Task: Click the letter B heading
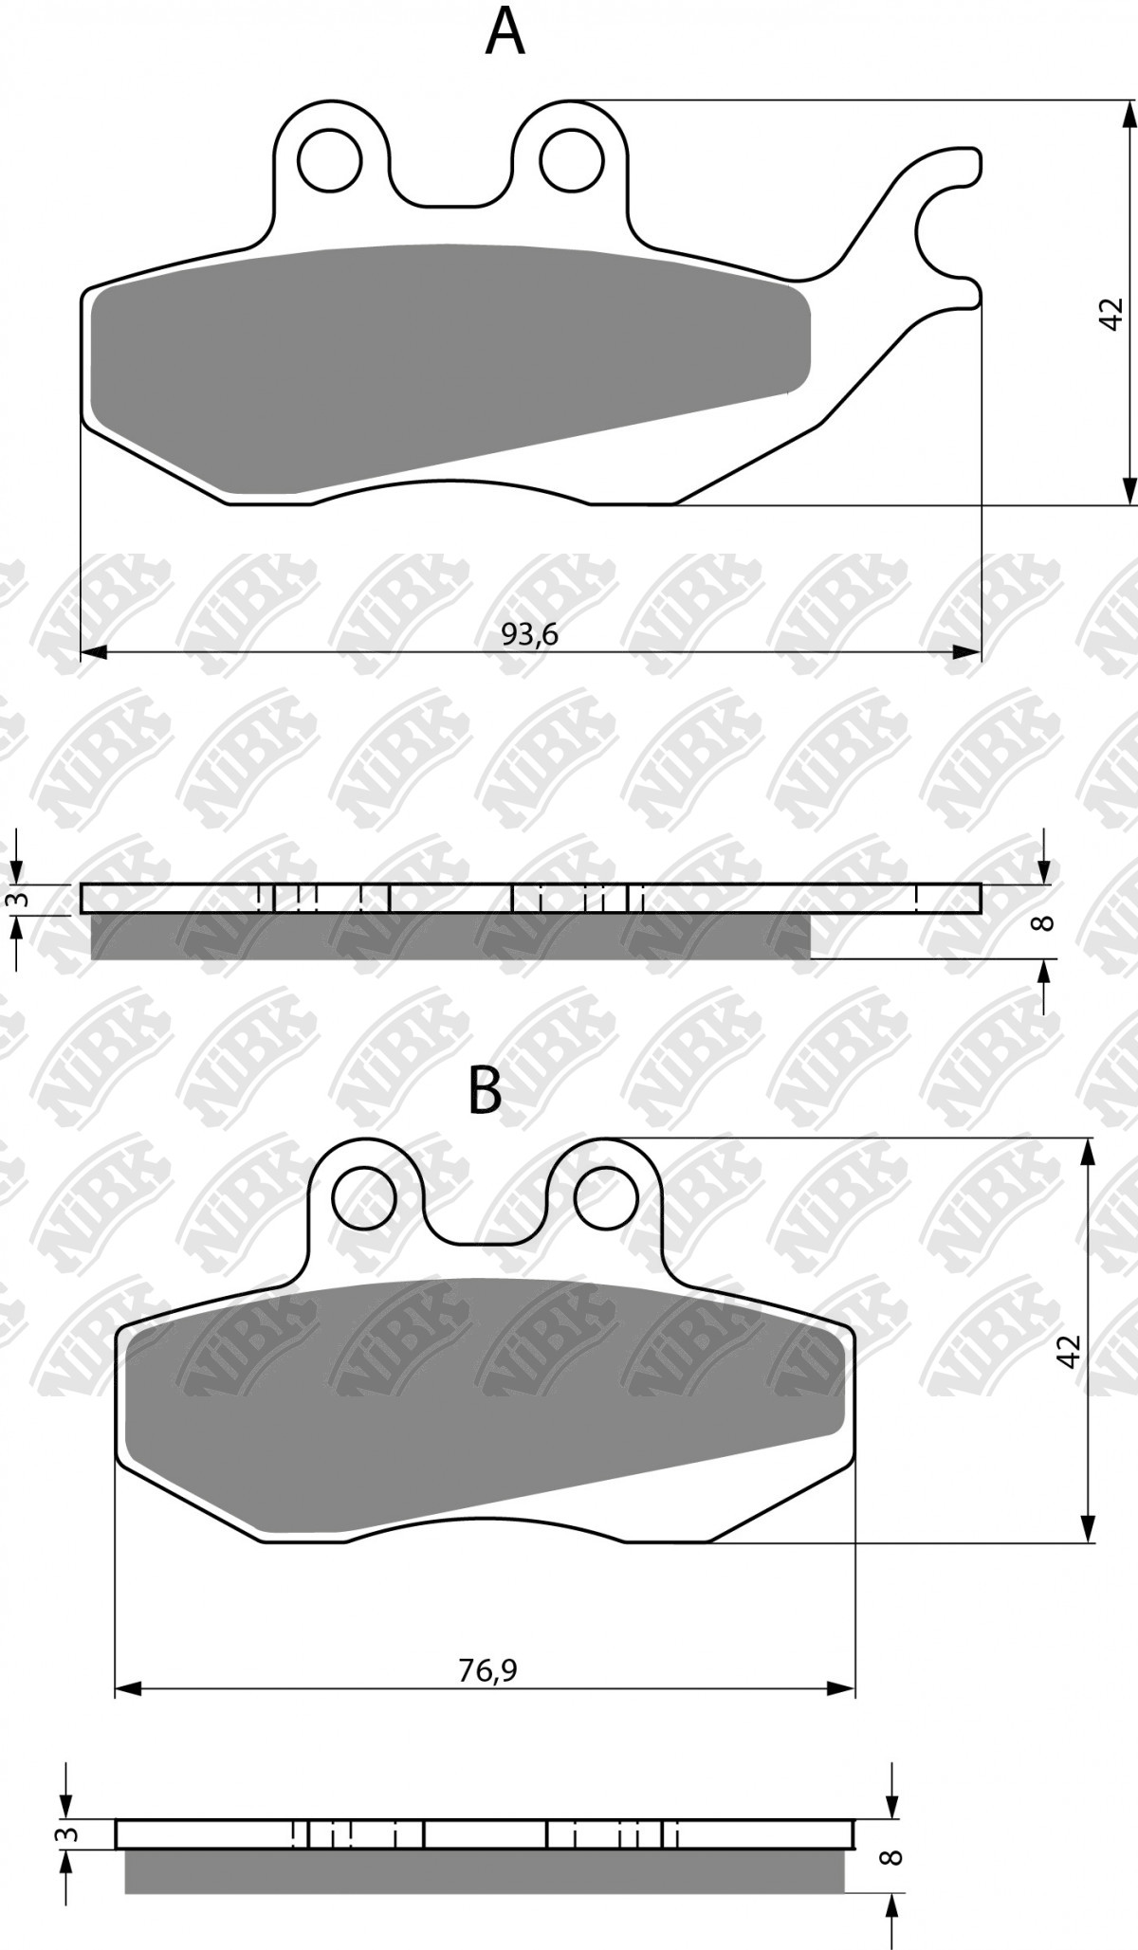click(x=486, y=1091)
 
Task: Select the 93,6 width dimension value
click(x=530, y=634)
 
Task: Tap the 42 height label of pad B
click(x=1069, y=1351)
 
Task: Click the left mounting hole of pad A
click(x=330, y=161)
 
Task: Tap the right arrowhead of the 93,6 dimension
click(x=967, y=652)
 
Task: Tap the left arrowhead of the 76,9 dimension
click(x=128, y=1688)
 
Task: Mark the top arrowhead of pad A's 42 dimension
click(x=1129, y=114)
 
